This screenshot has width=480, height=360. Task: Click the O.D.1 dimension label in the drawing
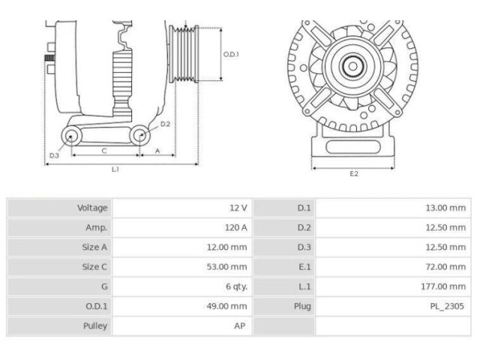[x=231, y=54]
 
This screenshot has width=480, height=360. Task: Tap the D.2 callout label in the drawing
[x=165, y=124]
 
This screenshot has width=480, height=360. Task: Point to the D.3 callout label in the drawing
[x=54, y=155]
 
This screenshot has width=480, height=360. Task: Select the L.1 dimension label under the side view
[x=115, y=169]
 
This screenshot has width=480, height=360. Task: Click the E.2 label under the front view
[x=353, y=174]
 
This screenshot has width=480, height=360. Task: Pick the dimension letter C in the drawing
[x=103, y=151]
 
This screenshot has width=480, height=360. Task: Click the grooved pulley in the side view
[x=184, y=54]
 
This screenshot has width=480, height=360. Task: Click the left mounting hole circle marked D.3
[x=72, y=136]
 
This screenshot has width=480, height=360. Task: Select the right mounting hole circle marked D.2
[x=140, y=136]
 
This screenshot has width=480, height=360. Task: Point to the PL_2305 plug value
[x=448, y=306]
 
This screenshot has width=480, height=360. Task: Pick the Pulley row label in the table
[x=94, y=325]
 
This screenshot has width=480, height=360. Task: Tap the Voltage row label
[x=92, y=208]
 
